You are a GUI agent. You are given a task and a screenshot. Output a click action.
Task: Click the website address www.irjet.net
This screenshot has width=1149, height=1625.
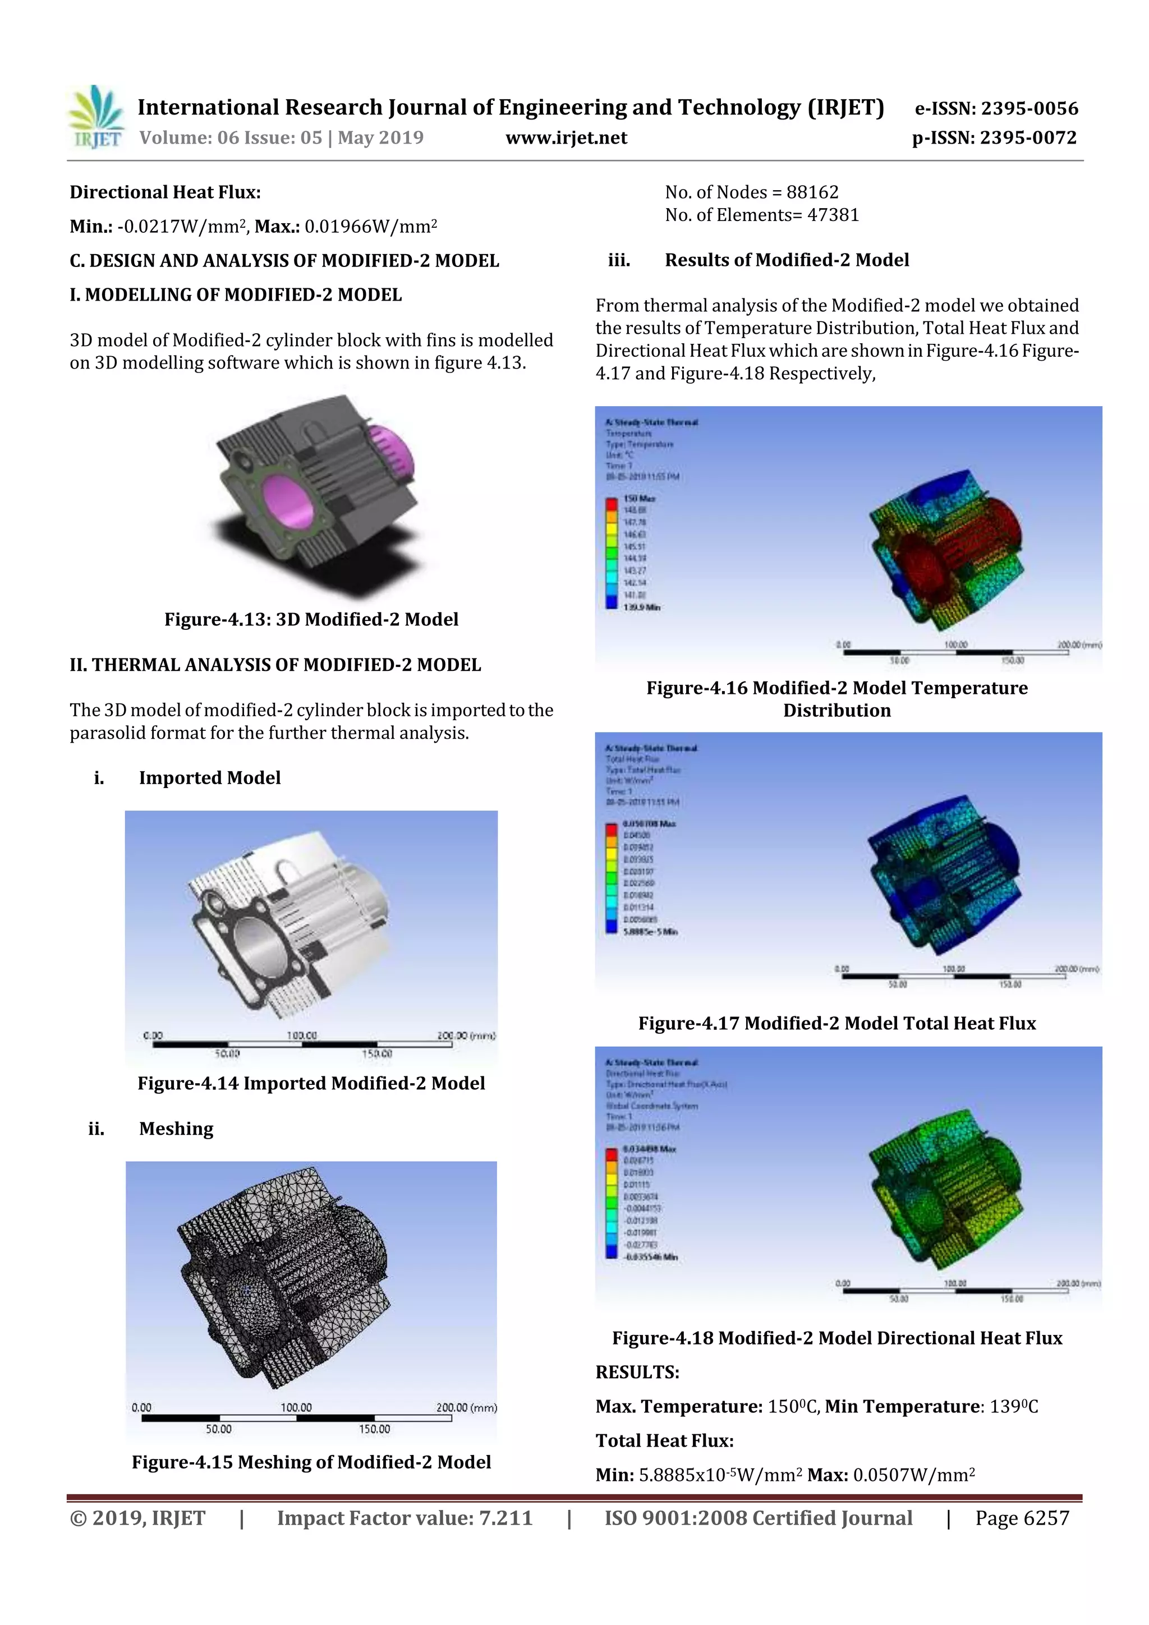(566, 137)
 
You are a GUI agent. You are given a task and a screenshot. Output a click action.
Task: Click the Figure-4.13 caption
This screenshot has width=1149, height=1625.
(311, 619)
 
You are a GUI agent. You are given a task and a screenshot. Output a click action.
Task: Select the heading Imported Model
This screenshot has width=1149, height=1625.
(210, 778)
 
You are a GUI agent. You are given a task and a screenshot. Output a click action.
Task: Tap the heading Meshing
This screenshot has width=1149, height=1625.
(176, 1129)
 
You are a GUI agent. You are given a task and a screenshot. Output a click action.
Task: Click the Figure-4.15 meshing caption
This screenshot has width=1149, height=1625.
(311, 1462)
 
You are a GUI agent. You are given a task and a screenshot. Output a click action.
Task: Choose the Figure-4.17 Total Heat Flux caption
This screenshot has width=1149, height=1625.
(837, 1024)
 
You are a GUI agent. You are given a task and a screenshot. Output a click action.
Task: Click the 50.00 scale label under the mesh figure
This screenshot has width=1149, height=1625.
(218, 1429)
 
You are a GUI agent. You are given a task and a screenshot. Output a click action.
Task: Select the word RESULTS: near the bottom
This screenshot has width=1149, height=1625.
(637, 1373)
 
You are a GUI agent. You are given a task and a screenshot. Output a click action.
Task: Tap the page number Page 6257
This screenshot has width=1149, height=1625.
(1022, 1518)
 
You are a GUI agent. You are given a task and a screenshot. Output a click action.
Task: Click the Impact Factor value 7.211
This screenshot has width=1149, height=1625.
(505, 1518)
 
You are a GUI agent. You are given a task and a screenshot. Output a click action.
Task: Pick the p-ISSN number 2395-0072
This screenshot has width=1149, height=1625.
(1027, 137)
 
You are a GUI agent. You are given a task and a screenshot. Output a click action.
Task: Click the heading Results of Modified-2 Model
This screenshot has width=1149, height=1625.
(787, 260)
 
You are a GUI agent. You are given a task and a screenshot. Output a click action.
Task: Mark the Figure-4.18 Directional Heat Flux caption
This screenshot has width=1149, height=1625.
(837, 1338)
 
